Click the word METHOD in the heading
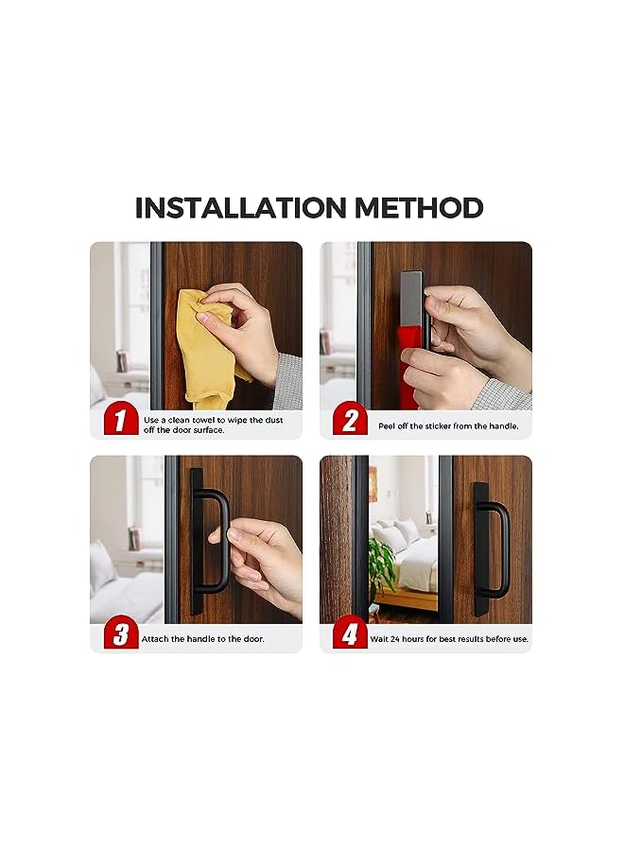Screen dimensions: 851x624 (x=414, y=208)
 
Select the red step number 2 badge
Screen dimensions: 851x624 (x=349, y=421)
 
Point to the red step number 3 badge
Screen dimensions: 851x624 (x=120, y=634)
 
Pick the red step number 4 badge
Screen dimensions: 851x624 (x=349, y=634)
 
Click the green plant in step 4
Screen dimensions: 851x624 (x=382, y=565)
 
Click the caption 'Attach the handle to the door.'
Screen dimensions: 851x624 (x=202, y=639)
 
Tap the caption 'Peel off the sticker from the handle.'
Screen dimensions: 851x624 (x=448, y=426)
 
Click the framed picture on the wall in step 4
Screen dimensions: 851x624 (x=373, y=483)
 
